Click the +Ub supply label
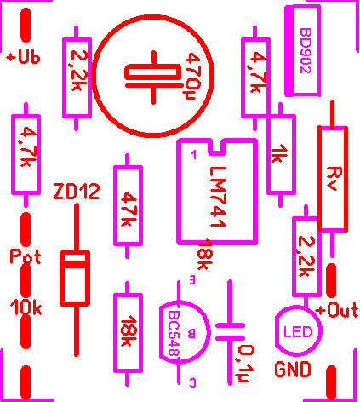point(23,57)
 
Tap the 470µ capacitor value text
point(194,76)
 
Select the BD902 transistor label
point(306,50)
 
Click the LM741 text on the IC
point(218,197)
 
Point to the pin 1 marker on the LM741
point(194,155)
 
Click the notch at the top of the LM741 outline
point(218,147)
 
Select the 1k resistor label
point(279,153)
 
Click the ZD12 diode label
point(77,192)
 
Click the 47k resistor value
point(129,210)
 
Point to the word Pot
point(26,256)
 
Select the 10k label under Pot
point(26,307)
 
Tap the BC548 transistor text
point(174,334)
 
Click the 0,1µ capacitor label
point(246,364)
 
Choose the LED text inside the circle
point(298,331)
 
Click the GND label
point(293,369)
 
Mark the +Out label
point(338,310)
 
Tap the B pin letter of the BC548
point(191,334)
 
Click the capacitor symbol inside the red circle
point(153,78)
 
